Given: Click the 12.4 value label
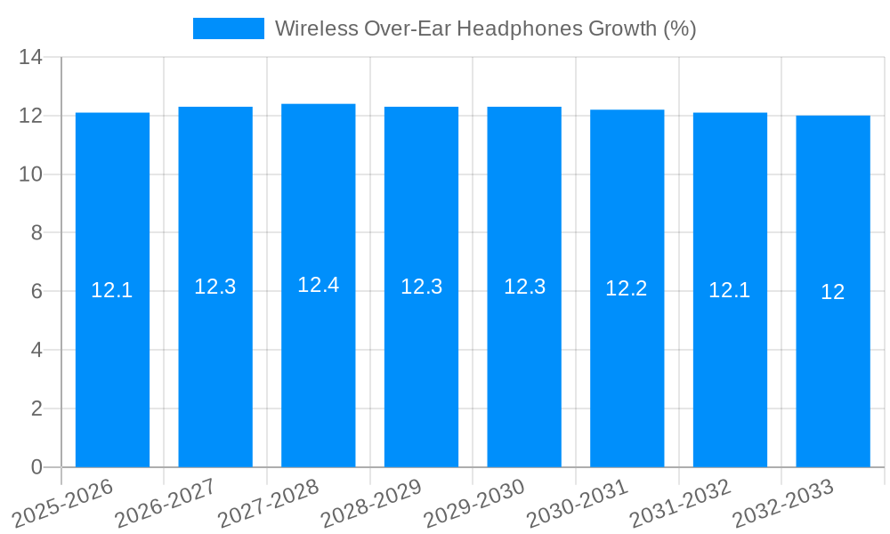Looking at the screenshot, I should click(x=319, y=285).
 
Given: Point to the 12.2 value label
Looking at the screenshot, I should click(x=627, y=288).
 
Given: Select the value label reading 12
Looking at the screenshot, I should click(x=833, y=292).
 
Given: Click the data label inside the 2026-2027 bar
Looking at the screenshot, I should click(x=215, y=287).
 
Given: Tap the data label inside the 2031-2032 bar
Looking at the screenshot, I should click(x=730, y=290).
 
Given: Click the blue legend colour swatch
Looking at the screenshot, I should click(x=229, y=28).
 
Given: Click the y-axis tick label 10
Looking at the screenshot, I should click(x=31, y=174).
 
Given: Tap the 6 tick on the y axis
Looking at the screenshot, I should click(x=36, y=291).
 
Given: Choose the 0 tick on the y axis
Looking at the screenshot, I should click(x=36, y=467).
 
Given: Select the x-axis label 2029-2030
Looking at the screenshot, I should click(x=473, y=503).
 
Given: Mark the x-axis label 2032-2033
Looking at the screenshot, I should click(x=782, y=503).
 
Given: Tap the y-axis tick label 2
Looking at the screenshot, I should click(x=36, y=409).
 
